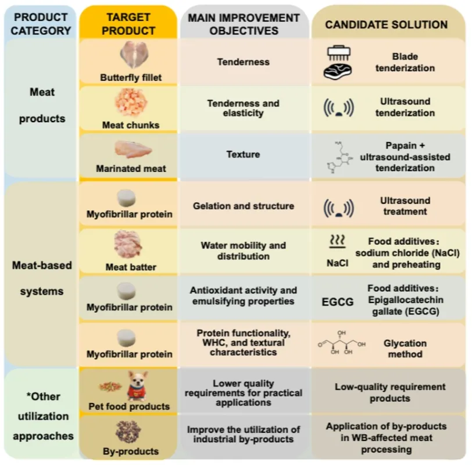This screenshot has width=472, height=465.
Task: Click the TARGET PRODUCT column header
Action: (128, 24)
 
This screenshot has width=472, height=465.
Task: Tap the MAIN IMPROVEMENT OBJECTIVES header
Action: (244, 24)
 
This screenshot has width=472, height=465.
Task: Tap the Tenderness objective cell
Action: (244, 62)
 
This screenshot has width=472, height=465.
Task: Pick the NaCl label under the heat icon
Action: (338, 263)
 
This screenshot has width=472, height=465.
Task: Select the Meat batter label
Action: (131, 267)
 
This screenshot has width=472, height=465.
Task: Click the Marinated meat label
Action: (131, 169)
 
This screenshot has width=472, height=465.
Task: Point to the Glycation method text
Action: (405, 349)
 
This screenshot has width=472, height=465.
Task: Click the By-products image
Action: (130, 432)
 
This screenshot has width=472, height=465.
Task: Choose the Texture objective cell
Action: (243, 155)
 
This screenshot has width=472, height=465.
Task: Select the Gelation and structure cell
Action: (244, 206)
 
